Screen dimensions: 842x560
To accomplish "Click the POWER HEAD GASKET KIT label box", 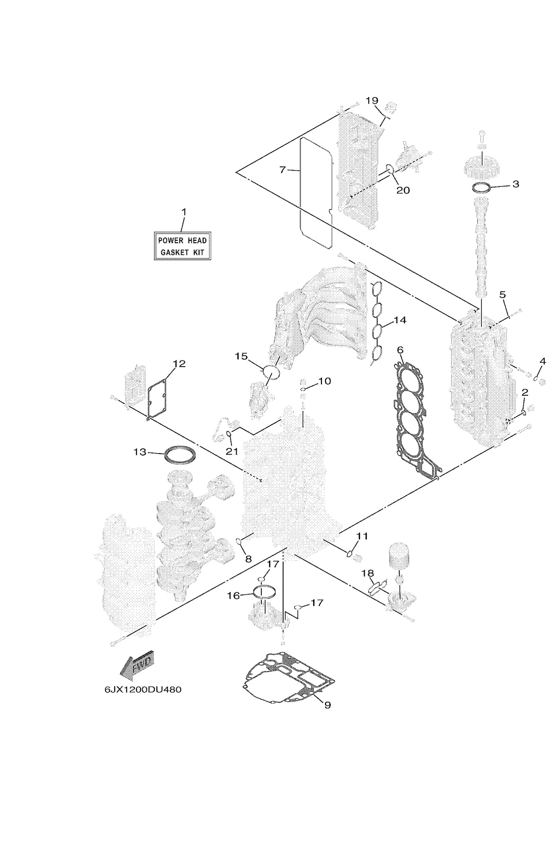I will [182, 246].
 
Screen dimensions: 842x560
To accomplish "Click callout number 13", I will [140, 452].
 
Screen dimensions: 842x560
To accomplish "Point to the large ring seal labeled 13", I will [180, 455].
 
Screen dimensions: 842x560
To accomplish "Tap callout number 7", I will [283, 170].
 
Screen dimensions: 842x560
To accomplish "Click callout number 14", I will [400, 320].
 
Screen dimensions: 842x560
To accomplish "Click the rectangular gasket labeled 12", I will [158, 397].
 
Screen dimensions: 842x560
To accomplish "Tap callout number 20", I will [403, 190].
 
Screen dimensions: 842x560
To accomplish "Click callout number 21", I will [232, 451].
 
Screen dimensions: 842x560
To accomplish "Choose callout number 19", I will [372, 100].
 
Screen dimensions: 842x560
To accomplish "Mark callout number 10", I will [324, 381].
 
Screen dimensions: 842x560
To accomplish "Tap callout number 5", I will [503, 295].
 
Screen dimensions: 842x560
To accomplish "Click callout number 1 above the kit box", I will [184, 212].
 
